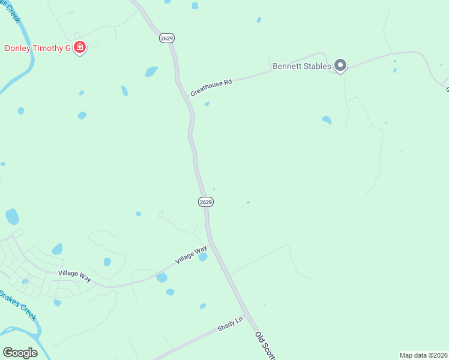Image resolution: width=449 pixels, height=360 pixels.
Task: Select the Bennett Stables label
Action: (302, 66)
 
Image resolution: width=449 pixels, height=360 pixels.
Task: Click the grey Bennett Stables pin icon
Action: (340, 65)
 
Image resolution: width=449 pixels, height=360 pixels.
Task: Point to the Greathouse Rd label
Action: (211, 88)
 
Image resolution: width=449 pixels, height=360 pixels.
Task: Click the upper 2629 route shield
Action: (167, 38)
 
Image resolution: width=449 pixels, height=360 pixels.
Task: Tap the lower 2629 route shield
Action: (205, 202)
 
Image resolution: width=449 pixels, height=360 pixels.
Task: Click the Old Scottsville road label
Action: (265, 346)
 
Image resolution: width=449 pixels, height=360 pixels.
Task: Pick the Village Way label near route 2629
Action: (191, 255)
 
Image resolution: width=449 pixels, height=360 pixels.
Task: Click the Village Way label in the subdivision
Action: (74, 274)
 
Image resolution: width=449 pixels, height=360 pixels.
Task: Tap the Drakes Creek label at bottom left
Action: (18, 304)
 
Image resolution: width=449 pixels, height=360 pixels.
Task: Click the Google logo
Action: (20, 352)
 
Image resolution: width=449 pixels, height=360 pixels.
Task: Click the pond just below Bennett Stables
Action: (327, 120)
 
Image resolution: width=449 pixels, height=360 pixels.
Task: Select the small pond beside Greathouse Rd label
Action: (206, 104)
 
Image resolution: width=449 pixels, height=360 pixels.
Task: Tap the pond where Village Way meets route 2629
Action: (203, 257)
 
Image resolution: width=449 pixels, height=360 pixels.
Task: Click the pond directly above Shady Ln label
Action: (203, 306)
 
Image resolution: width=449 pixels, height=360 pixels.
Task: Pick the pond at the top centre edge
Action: (194, 5)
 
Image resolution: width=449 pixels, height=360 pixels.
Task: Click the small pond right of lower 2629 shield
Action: (248, 203)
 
